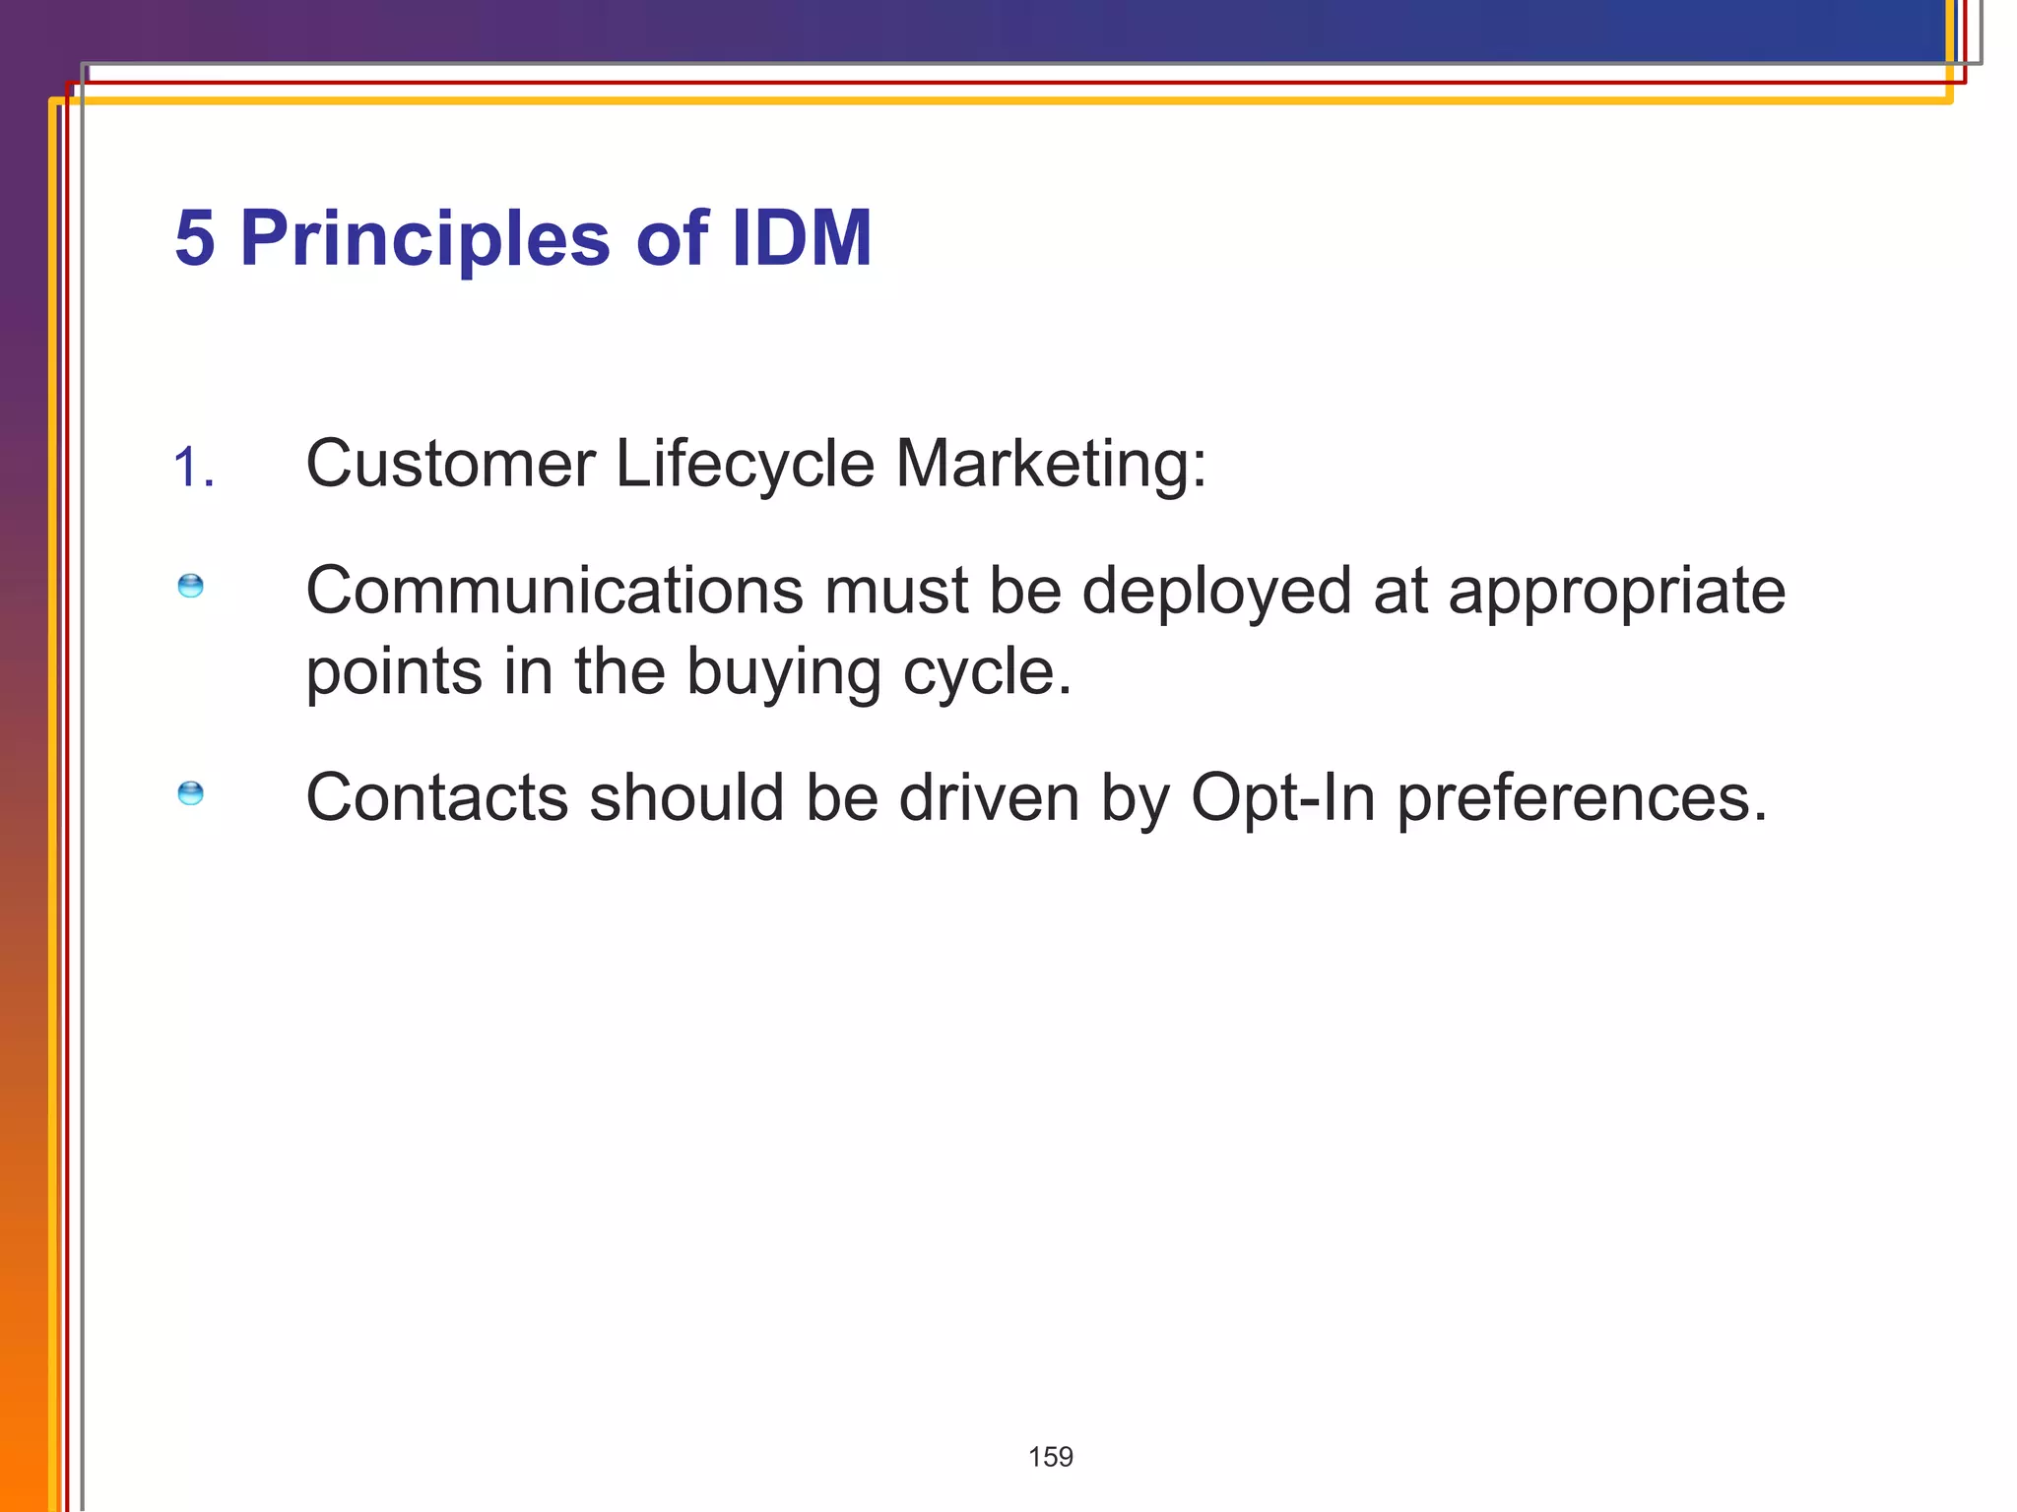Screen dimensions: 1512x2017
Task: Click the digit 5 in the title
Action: pos(195,239)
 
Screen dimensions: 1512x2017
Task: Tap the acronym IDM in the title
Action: pos(801,239)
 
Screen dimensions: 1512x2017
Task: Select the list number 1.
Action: pos(193,468)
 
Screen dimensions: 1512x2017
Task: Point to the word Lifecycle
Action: pos(745,464)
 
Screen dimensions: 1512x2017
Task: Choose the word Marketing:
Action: pos(1050,464)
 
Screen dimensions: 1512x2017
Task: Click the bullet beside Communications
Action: pos(190,587)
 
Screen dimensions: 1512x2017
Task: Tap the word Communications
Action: pos(554,592)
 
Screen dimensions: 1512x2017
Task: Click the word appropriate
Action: pos(1616,592)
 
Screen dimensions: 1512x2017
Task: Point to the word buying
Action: pos(783,673)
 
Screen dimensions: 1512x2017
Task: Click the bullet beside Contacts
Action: pos(190,793)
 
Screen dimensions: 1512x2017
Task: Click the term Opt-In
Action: pos(1282,797)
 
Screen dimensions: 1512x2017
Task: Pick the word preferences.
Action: pos(1582,797)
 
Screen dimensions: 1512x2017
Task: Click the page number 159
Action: pos(1050,1457)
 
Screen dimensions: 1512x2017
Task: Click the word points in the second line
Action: pos(395,673)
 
